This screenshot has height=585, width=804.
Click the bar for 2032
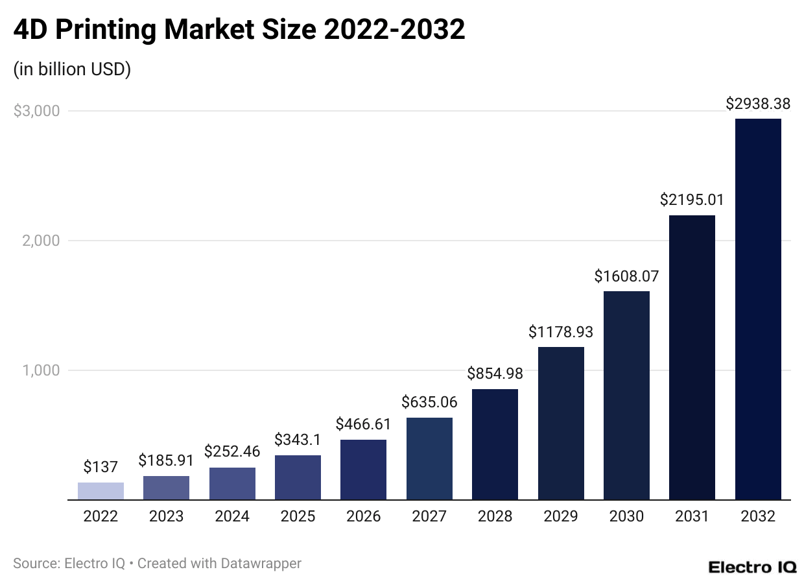coord(758,309)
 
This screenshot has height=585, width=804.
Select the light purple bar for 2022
coord(100,491)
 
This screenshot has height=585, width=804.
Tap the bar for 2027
coord(429,459)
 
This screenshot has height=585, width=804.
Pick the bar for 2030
coord(626,396)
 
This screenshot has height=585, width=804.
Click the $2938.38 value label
coord(758,104)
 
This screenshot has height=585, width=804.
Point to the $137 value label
coord(100,466)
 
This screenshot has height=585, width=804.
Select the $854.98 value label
coord(495,374)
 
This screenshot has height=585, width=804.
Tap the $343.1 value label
coord(298,440)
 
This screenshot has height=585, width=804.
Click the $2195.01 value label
coord(692,200)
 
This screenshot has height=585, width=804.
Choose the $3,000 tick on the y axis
coord(36,111)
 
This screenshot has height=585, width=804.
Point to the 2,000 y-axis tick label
coord(41,241)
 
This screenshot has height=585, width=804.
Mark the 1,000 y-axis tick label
coord(41,370)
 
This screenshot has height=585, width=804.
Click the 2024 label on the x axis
coord(232,517)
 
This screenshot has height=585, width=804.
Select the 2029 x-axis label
coord(561,517)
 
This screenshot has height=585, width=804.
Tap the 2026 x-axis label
coord(363,517)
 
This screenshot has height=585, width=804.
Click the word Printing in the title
coord(119,30)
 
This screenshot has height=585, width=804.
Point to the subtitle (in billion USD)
coord(72,69)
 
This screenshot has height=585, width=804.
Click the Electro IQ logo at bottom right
coord(752,567)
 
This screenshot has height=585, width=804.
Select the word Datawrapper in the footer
coord(262,564)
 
